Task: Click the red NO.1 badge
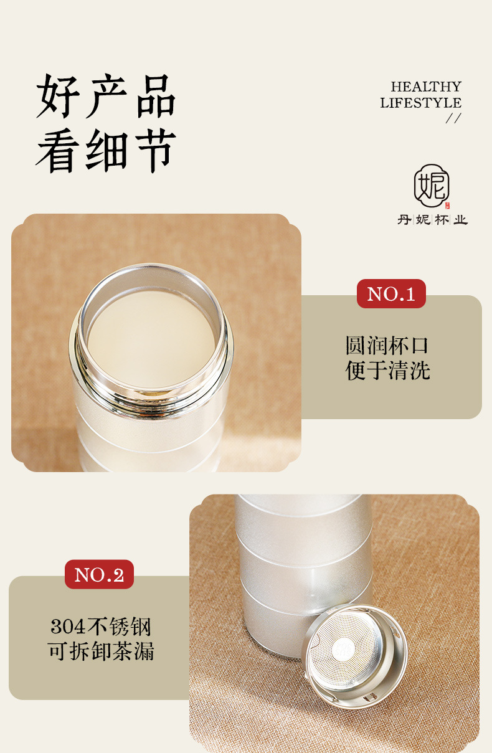391,293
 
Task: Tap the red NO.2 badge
99,574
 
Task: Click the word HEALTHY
426,87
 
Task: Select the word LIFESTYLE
421,103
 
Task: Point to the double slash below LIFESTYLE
453,118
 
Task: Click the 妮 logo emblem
432,185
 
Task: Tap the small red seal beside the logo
447,206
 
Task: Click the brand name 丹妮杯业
432,220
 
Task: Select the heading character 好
58,96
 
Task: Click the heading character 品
156,96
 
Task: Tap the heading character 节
156,150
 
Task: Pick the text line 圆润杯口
387,346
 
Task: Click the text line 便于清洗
387,371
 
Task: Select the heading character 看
57,150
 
